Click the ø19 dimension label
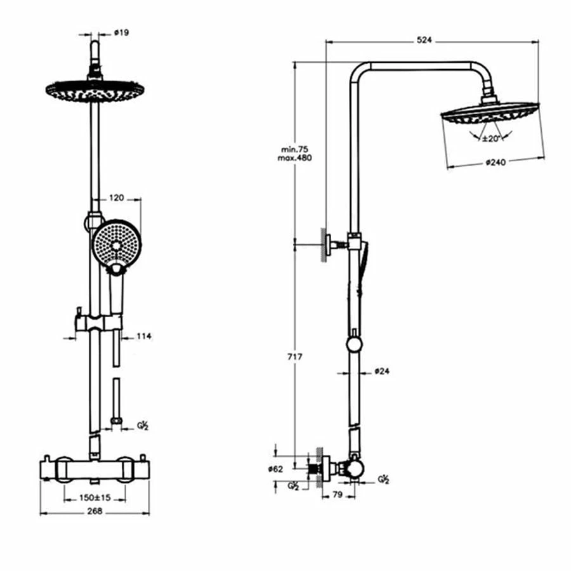tap(121, 33)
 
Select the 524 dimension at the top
tap(424, 40)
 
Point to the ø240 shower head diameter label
tap(496, 162)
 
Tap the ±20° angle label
tap(490, 138)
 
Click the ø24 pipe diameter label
tap(381, 371)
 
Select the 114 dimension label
tap(145, 336)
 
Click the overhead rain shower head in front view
tap(95, 90)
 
